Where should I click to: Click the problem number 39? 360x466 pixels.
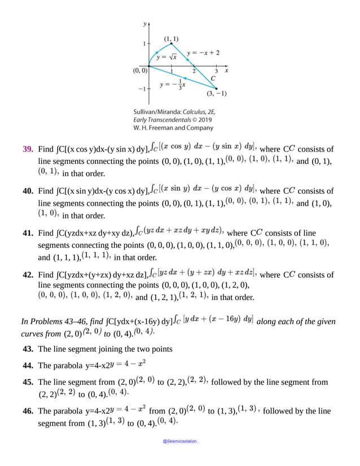(27, 150)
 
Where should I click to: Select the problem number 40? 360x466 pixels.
(27, 191)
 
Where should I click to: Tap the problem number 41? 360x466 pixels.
(27, 232)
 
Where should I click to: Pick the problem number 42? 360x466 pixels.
(27, 275)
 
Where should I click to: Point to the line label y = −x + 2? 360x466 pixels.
(203, 53)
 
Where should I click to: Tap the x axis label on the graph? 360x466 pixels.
(227, 71)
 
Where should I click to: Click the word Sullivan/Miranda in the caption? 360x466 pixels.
(155, 112)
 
